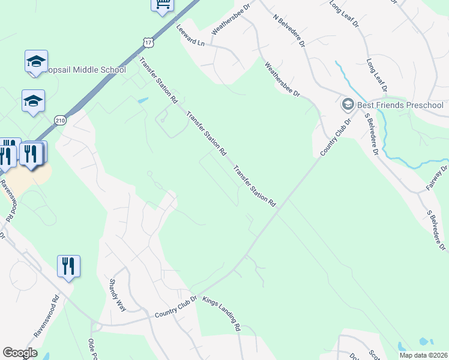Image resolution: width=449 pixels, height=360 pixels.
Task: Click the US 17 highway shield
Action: [x=148, y=41]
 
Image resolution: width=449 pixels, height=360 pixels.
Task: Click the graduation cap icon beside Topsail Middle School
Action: [x=36, y=61]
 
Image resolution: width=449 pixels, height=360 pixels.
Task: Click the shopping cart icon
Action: [x=162, y=4]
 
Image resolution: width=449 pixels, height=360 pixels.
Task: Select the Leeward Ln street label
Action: [x=190, y=35]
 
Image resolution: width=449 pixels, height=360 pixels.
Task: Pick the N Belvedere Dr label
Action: [x=289, y=32]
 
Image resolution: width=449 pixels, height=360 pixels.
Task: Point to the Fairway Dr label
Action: [x=437, y=178]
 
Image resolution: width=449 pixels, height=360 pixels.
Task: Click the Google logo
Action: [x=20, y=353]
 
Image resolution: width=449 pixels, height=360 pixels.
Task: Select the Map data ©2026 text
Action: [x=423, y=355]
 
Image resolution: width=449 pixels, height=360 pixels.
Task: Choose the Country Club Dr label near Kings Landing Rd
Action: [x=176, y=307]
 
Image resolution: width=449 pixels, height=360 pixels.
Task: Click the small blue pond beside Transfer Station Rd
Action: [x=143, y=100]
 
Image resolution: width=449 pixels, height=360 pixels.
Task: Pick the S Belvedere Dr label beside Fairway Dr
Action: [x=436, y=230]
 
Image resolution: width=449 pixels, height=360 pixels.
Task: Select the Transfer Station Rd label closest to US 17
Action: [x=159, y=79]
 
